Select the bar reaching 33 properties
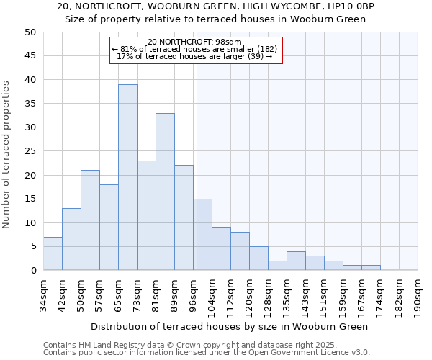[x=165, y=192]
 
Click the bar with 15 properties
[x=202, y=234]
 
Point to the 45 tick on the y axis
[x=30, y=56]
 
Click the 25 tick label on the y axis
[x=30, y=151]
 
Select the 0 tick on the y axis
[x=33, y=271]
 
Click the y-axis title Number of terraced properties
[x=7, y=154]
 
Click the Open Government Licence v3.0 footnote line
[x=207, y=353]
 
